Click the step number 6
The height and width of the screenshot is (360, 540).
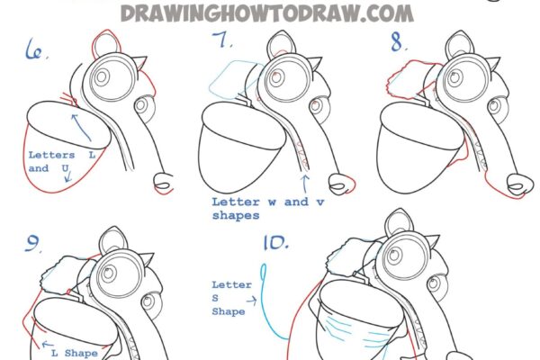pyautogui.click(x=34, y=50)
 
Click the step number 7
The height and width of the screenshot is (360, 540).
pyautogui.click(x=221, y=40)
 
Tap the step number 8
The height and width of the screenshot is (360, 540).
pyautogui.click(x=398, y=42)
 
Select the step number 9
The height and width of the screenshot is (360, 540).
pyautogui.click(x=31, y=244)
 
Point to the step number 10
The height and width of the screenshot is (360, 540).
pyautogui.click(x=276, y=242)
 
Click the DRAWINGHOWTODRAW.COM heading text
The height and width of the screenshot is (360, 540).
pyautogui.click(x=267, y=13)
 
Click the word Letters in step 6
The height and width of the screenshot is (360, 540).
pyautogui.click(x=51, y=155)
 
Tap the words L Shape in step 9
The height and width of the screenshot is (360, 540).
pyautogui.click(x=75, y=353)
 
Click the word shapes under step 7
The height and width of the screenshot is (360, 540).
pyautogui.click(x=236, y=216)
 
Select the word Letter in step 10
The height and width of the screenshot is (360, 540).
pyautogui.click(x=231, y=285)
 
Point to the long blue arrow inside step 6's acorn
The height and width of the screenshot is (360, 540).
pyautogui.click(x=81, y=127)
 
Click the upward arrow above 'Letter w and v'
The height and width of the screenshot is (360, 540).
pyautogui.click(x=305, y=184)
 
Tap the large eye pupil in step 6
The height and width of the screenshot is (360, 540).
pyautogui.click(x=101, y=77)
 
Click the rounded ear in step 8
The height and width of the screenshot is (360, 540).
pyautogui.click(x=460, y=45)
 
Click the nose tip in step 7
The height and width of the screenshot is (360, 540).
pyautogui.click(x=341, y=184)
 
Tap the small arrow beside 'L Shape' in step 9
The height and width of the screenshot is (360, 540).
pyautogui.click(x=48, y=344)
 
